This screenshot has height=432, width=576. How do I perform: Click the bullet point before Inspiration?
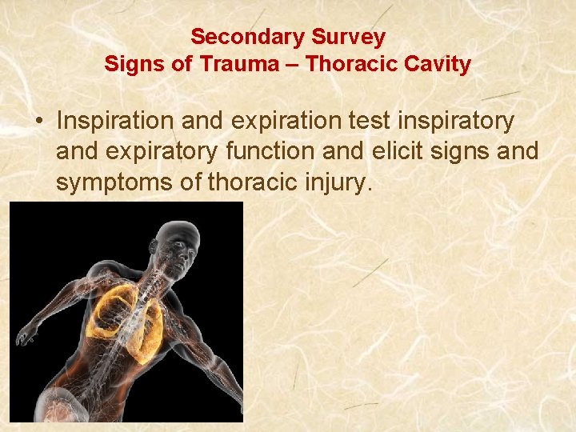(x=38, y=122)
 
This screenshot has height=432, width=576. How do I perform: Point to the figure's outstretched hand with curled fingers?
(x=28, y=329)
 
